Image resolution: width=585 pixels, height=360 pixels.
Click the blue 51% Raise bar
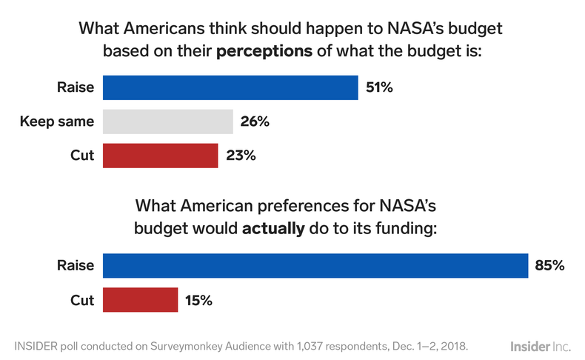(x=230, y=87)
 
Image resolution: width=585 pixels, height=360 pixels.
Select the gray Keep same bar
(x=167, y=121)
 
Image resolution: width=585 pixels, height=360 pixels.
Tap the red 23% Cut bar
(x=160, y=156)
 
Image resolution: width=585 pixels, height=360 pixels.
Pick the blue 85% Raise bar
(x=315, y=265)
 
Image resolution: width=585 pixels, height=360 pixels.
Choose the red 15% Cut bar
(x=140, y=300)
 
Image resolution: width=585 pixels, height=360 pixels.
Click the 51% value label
(x=379, y=87)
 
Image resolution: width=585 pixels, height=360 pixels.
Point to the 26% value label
(x=254, y=121)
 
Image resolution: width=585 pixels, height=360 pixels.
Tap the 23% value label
(x=239, y=156)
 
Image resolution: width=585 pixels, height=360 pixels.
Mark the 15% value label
(x=198, y=300)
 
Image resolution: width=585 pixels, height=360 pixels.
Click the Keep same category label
(x=57, y=121)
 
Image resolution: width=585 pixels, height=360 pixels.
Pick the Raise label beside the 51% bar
(x=76, y=87)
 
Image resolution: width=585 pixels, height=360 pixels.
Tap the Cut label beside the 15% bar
(x=82, y=300)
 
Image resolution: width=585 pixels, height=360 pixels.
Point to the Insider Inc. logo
(x=541, y=345)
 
